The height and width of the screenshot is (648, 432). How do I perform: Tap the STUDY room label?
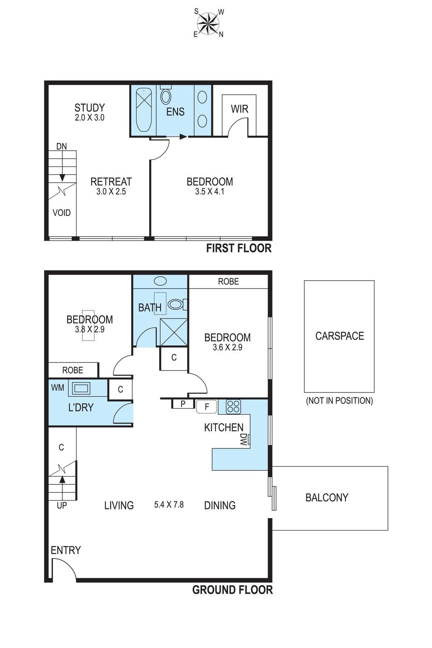click(89, 108)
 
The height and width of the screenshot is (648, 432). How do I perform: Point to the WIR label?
click(239, 109)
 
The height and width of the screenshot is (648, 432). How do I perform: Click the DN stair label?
click(62, 146)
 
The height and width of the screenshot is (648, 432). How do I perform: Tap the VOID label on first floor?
click(62, 213)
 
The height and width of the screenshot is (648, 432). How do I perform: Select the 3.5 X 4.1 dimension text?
click(210, 192)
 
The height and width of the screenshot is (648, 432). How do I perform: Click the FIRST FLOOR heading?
click(239, 248)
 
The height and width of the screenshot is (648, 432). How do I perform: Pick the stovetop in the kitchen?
click(233, 406)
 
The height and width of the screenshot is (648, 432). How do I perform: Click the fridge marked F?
click(206, 407)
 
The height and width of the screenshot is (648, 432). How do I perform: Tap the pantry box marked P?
click(183, 404)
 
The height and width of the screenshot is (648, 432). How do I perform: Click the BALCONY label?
click(327, 497)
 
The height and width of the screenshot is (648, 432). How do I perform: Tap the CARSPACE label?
click(339, 336)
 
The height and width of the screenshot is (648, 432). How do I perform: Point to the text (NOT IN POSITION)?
click(339, 401)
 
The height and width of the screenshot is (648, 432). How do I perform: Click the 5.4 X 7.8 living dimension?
click(169, 505)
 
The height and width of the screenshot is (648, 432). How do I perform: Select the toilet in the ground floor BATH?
click(177, 304)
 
